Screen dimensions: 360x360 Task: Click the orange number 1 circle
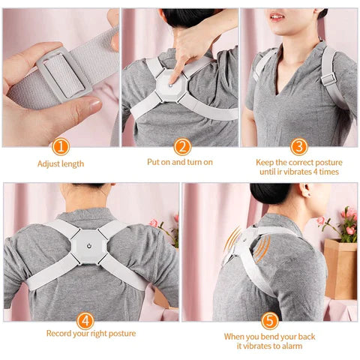click(61, 147)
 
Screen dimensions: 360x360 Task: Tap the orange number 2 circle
click(182, 147)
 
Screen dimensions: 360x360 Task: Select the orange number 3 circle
click(299, 147)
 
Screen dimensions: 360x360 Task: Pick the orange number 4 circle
click(85, 321)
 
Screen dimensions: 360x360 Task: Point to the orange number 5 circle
click(270, 321)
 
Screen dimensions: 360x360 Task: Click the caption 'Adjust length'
click(61, 164)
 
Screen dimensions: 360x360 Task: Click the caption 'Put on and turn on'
click(180, 162)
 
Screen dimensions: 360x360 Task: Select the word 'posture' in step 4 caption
click(122, 334)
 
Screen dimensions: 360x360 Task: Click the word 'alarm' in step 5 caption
click(292, 346)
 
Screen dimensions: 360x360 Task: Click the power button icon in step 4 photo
click(89, 246)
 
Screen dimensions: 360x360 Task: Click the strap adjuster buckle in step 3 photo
click(328, 79)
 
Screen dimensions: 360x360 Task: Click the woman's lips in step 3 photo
click(277, 16)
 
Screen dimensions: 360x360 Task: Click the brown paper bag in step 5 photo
click(340, 269)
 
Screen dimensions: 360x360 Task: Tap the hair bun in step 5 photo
click(270, 193)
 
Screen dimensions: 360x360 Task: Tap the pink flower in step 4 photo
click(154, 223)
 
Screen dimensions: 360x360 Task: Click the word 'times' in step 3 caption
click(329, 172)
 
